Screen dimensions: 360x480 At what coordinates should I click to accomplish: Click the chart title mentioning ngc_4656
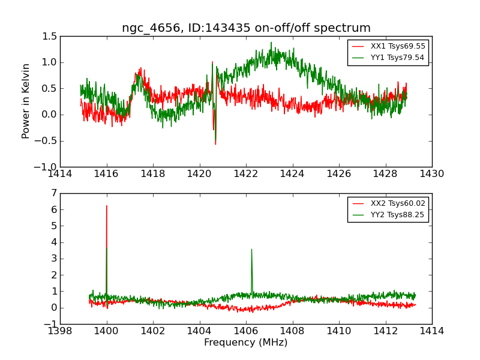coord(246,28)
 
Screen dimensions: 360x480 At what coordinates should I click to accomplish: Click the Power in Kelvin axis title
coord(26,101)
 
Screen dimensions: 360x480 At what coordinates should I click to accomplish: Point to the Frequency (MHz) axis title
coord(246,343)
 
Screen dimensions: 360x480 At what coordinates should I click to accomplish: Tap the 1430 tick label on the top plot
coord(432,174)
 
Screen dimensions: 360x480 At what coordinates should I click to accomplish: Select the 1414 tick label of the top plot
coord(60,174)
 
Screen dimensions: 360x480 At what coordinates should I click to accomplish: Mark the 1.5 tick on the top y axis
coord(50,37)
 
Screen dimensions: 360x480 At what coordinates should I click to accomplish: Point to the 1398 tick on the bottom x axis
coord(60,331)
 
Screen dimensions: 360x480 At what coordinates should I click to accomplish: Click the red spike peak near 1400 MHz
coord(107,206)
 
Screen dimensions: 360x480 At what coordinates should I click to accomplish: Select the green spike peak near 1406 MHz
coord(251,249)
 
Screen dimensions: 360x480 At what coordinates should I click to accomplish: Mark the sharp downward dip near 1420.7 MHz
coord(215,143)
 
